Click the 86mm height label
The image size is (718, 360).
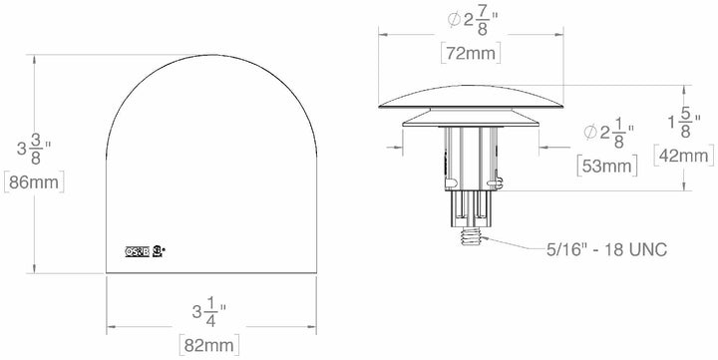point(34,182)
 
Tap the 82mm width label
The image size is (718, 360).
point(212,344)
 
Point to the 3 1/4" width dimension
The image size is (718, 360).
point(210,311)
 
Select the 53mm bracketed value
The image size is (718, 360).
point(606,166)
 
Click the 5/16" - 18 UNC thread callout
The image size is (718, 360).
point(607,247)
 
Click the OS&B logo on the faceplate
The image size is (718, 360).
point(137,251)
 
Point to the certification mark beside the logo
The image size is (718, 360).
point(158,250)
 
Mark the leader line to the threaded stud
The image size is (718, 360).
point(519,243)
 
